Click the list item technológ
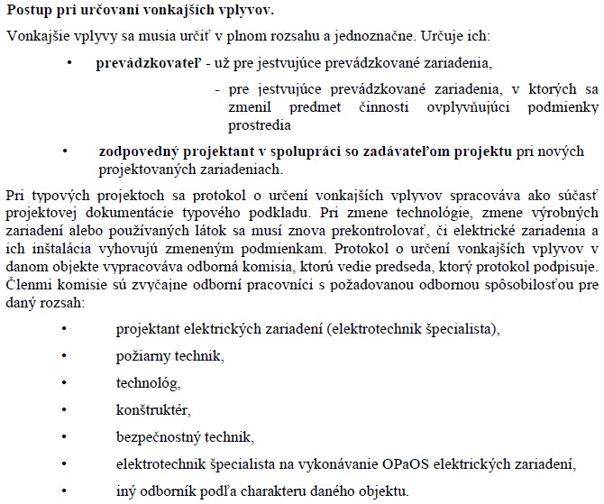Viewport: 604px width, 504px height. [x=142, y=382]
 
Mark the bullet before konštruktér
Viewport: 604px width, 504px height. [x=64, y=409]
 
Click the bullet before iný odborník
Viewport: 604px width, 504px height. [x=64, y=491]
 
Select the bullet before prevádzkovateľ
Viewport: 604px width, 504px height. [x=70, y=64]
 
